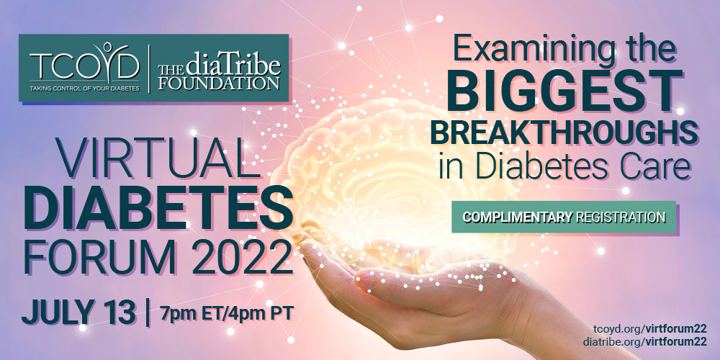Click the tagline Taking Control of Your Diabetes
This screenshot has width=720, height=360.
pyautogui.click(x=84, y=88)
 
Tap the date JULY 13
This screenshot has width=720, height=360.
pyautogui.click(x=78, y=312)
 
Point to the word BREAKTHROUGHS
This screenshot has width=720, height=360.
pyautogui.click(x=564, y=132)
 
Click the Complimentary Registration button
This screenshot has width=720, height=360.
pyautogui.click(x=564, y=217)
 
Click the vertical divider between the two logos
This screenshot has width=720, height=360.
pyautogui.click(x=149, y=69)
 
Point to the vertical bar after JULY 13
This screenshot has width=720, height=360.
pyautogui.click(x=148, y=312)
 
